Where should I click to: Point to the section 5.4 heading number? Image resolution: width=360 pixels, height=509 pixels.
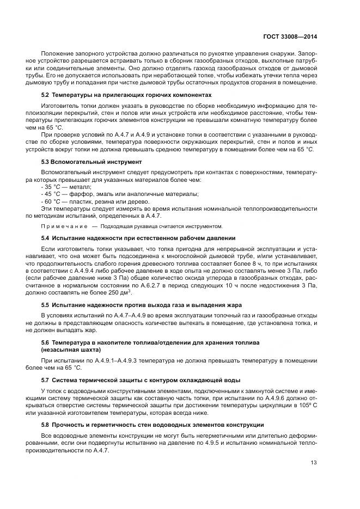coord(46,238)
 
